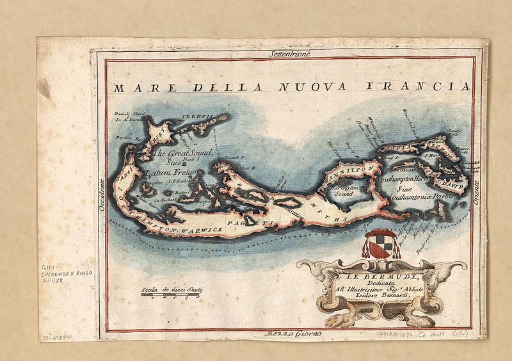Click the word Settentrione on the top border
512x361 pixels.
click(290, 56)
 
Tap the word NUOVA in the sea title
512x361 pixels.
click(321, 86)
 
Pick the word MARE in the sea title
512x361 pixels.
click(137, 87)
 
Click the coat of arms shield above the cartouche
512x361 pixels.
click(376, 245)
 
